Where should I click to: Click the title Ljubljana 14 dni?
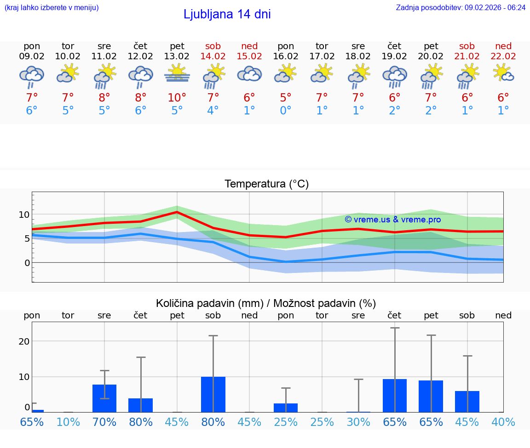click(227, 14)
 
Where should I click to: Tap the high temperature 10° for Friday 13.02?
click(177, 97)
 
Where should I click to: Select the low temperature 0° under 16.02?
click(286, 111)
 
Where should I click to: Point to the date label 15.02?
click(249, 57)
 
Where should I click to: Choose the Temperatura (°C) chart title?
click(266, 184)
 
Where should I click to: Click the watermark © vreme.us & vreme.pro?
click(392, 220)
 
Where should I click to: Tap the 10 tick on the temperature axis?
click(24, 215)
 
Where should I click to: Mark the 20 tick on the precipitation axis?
click(24, 341)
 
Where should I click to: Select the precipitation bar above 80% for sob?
click(213, 394)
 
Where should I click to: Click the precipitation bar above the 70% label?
click(104, 398)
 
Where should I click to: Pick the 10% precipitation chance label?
click(68, 422)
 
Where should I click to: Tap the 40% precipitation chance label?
click(503, 422)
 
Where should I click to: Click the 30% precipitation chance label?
click(358, 422)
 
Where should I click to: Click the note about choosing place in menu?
click(52, 8)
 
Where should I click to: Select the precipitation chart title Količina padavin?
click(266, 303)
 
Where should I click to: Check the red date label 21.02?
click(467, 57)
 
